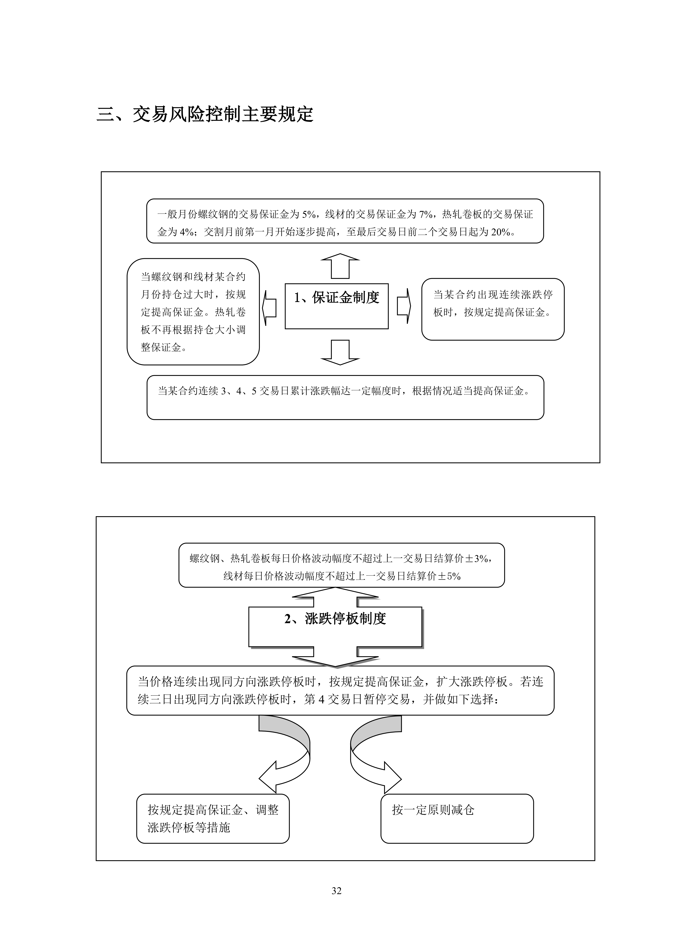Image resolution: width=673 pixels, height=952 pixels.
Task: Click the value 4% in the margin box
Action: [x=187, y=232]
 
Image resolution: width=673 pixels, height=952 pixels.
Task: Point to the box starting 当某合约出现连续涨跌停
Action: [x=493, y=309]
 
